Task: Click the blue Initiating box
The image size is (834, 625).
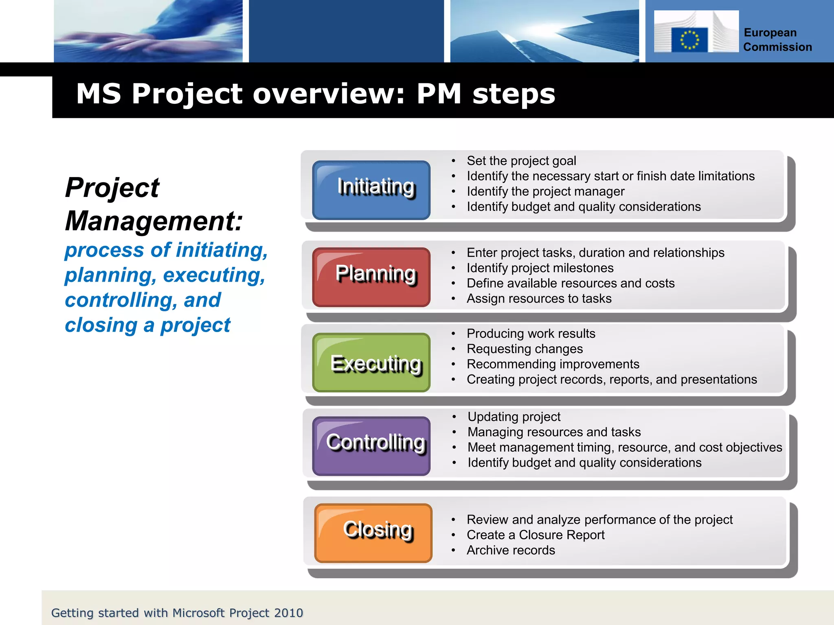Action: pos(371,190)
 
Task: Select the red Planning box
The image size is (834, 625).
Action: pos(371,277)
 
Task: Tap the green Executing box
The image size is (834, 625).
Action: pos(371,363)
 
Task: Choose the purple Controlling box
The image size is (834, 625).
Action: pos(371,446)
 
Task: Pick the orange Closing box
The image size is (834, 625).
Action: pos(373,533)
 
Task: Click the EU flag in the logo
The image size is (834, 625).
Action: pos(689,39)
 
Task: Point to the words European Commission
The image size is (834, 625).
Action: pos(777,40)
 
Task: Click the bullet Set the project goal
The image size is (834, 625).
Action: pos(521,161)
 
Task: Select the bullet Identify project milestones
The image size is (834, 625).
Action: pos(540,268)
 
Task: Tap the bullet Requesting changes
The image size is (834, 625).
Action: pos(525,349)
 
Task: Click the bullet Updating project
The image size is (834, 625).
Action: pos(514,417)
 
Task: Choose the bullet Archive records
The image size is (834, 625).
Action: pos(511,550)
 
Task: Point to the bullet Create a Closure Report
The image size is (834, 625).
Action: pos(535,535)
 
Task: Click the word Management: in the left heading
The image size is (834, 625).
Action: pos(154,221)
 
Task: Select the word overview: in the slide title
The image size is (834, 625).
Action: pos(329,94)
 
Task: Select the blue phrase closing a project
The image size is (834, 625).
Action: pos(147,325)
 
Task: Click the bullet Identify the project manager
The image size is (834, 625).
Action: pos(545,191)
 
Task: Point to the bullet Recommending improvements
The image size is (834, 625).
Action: pos(553,364)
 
